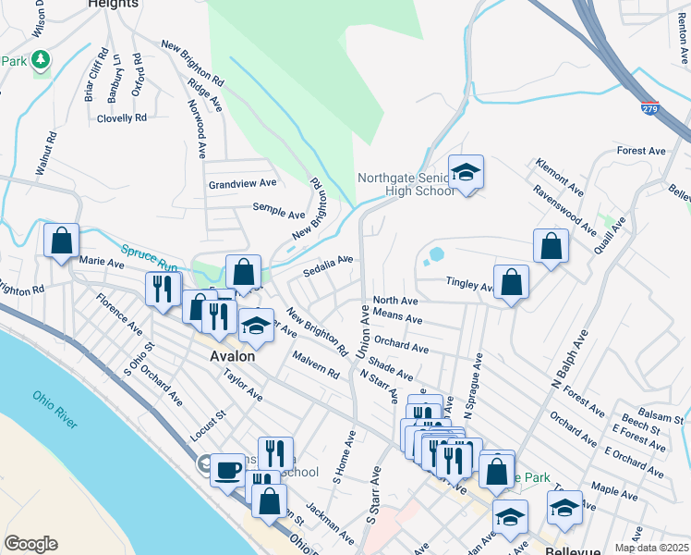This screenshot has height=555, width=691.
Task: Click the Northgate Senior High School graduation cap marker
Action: pos(467,171)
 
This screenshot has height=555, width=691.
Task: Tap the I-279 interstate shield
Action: pos(650,109)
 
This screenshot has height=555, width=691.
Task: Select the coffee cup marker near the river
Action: pos(226,470)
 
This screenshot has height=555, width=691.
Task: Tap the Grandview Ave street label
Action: pos(242,184)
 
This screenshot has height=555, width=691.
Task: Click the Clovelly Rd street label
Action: pos(122,118)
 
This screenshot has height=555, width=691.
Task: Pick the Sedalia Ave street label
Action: pos(328,265)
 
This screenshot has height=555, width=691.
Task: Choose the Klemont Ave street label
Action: pos(559,176)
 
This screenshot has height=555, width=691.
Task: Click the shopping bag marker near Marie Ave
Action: pos(62,240)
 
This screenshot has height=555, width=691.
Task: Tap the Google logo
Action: pos(30,544)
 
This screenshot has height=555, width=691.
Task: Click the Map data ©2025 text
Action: pos(650,548)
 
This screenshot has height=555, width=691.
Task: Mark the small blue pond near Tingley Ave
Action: pos(435,253)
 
